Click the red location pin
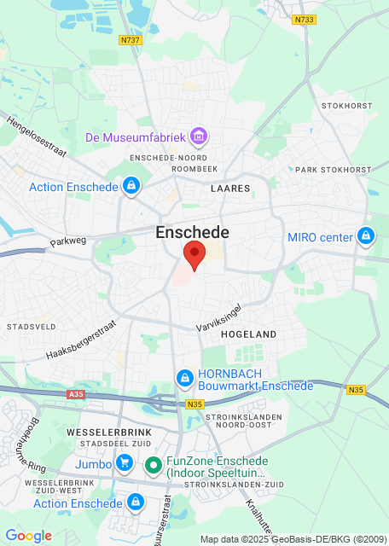tap(194, 254)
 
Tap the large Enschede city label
tap(193, 232)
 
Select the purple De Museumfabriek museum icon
tap(199, 136)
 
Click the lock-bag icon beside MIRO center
tap(366, 236)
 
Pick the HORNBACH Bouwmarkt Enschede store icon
tap(183, 377)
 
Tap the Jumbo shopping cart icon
tap(125, 464)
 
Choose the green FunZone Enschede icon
tap(153, 465)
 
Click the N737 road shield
tap(130, 39)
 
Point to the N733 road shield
tap(303, 20)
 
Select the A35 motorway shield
tap(76, 395)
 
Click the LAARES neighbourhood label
tap(230, 188)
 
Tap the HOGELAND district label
tap(249, 335)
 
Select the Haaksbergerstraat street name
tap(81, 340)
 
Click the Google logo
tap(28, 535)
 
